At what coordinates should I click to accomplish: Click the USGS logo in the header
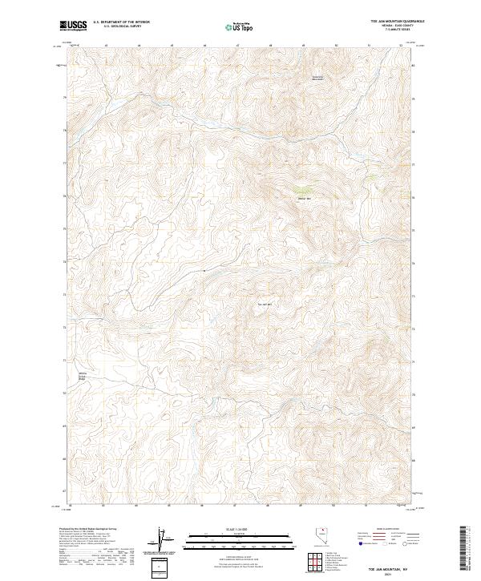73,26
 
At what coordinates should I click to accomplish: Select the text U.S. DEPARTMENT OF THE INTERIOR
121,22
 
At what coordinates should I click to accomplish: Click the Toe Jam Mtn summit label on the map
265,304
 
